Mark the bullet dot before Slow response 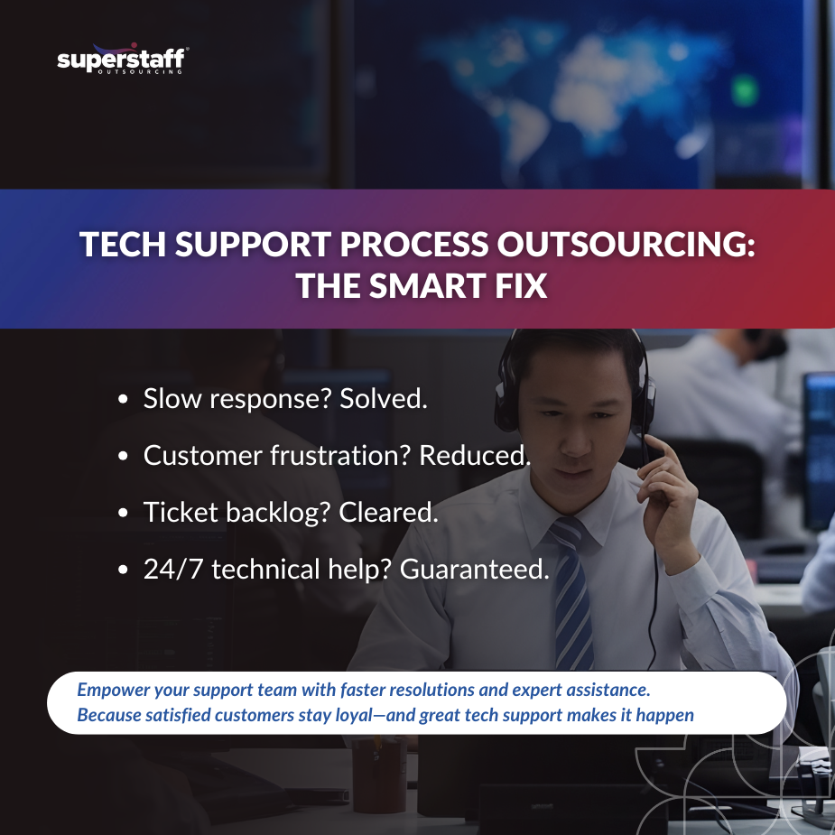[124, 400]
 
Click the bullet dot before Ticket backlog [124, 514]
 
